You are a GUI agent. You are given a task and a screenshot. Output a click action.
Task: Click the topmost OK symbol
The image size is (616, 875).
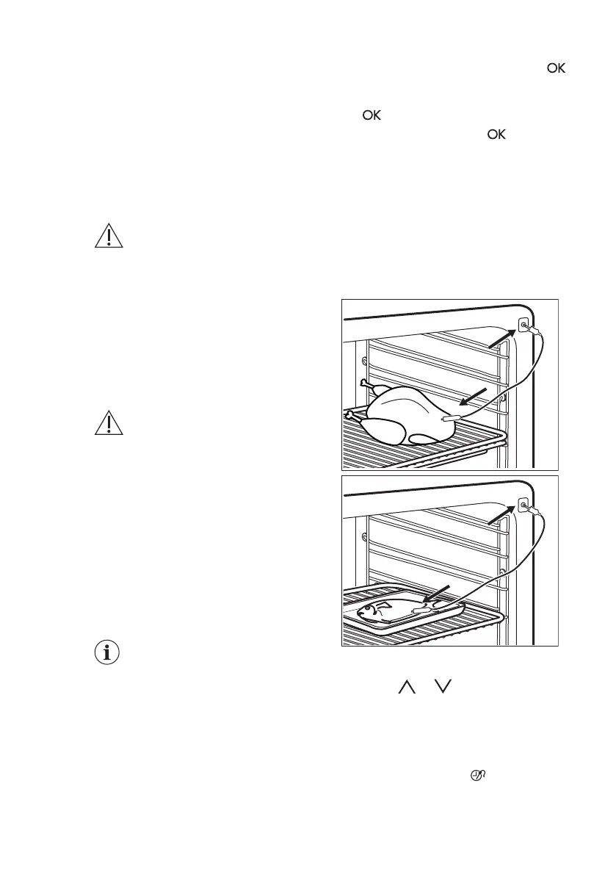555,68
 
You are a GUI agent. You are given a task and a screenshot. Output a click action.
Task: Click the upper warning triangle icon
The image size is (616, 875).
108,237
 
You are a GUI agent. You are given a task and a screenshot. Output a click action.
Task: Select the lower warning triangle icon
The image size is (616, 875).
108,424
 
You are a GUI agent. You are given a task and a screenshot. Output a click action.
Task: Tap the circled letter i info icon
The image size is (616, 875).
108,653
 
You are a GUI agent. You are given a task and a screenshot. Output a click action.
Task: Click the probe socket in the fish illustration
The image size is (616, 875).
522,504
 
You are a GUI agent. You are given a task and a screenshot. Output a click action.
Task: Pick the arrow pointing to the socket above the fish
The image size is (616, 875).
502,514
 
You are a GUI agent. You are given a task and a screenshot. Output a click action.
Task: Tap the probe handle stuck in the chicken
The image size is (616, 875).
449,418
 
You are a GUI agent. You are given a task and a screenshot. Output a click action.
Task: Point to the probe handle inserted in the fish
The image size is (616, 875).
423,609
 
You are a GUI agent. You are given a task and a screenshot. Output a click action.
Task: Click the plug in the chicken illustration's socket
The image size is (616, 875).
534,331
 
